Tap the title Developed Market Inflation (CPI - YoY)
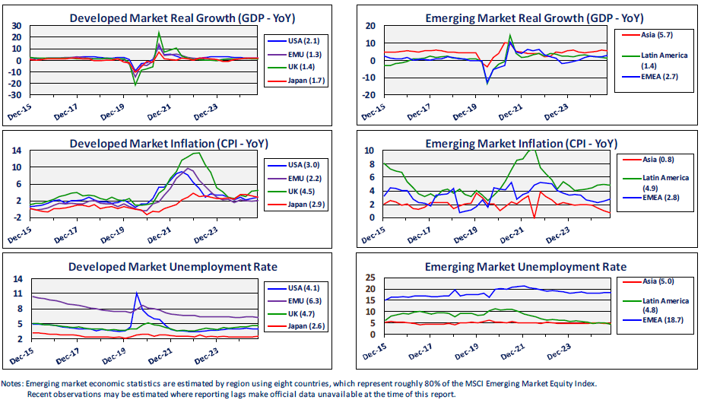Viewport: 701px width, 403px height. pos(169,144)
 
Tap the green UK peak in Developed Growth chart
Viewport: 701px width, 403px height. pos(158,33)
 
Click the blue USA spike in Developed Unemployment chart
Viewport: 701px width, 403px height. pos(137,294)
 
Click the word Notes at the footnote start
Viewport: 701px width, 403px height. pos(13,384)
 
